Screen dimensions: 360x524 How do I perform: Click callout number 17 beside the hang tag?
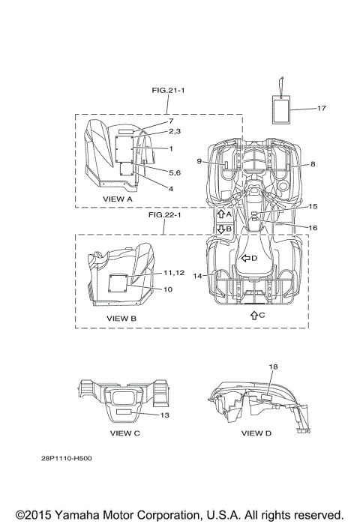click(321, 108)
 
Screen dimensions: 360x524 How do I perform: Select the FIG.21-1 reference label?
click(168, 90)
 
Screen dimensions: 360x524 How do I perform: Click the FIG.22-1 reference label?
click(164, 214)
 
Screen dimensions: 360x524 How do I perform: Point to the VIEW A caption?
click(118, 199)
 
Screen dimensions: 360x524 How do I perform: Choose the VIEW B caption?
click(121, 319)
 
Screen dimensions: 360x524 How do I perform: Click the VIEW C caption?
click(125, 433)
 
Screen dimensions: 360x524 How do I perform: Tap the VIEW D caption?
click(256, 433)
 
